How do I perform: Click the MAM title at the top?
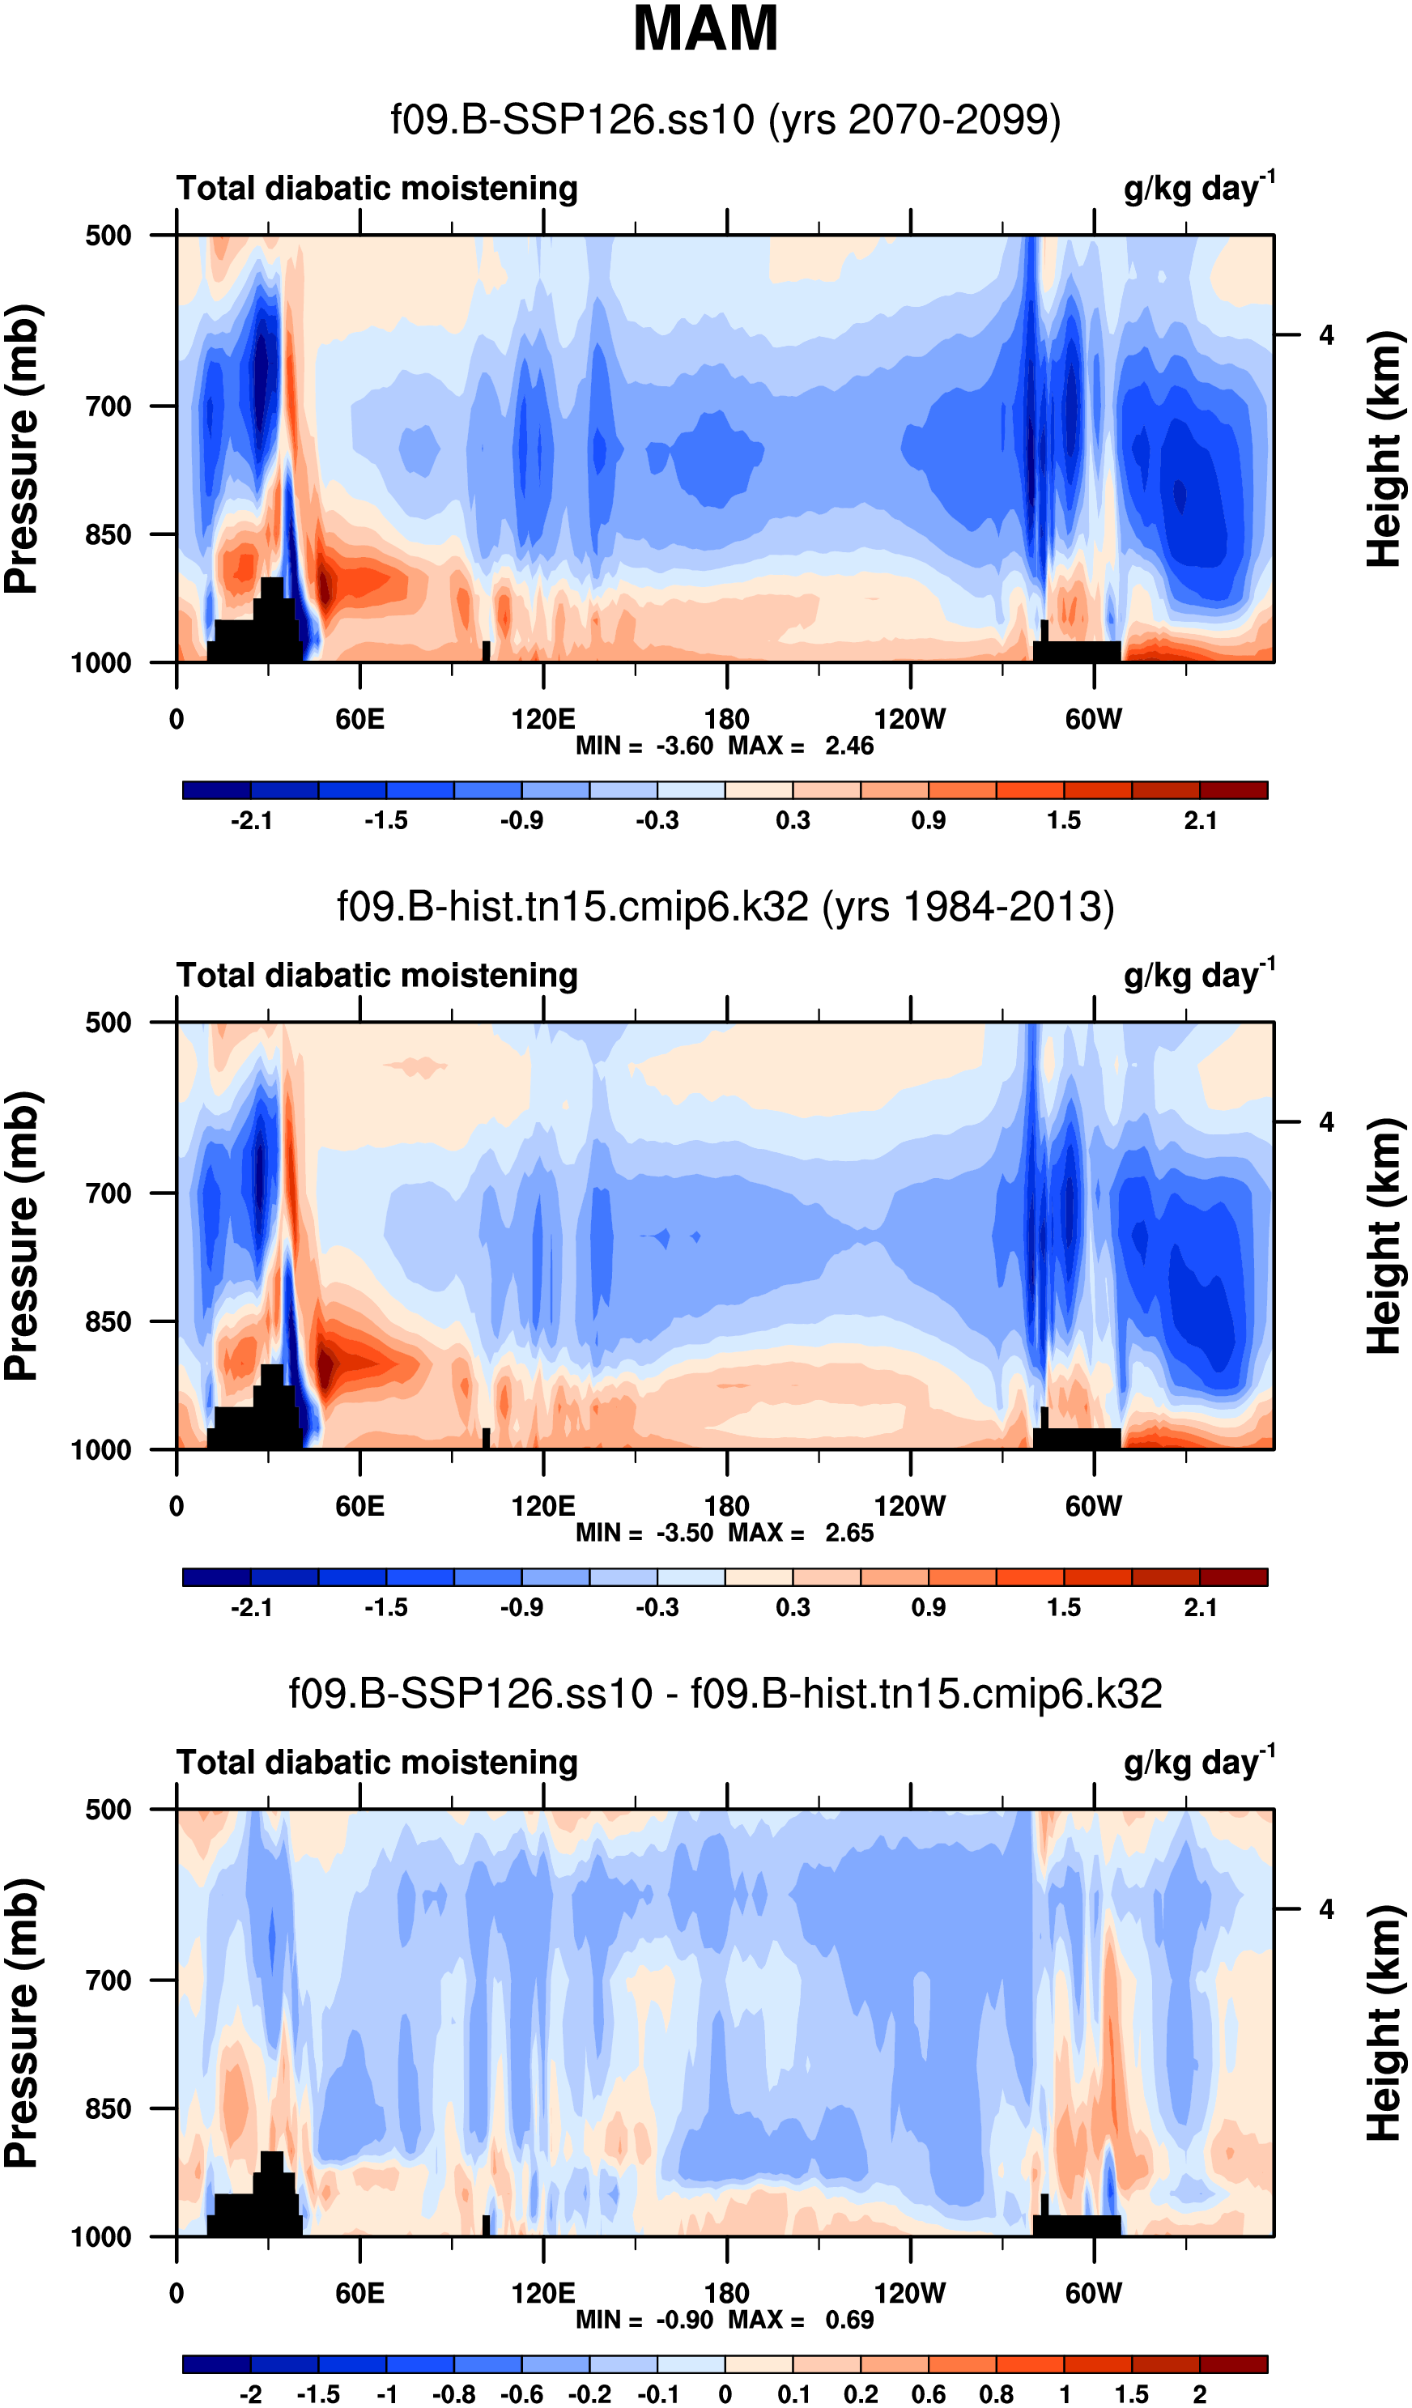click(x=705, y=28)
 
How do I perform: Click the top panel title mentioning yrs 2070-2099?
click(x=725, y=121)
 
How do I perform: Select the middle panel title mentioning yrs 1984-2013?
click(x=725, y=907)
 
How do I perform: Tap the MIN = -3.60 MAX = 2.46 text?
click(x=724, y=747)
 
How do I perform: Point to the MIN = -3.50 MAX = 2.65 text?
click(x=724, y=1534)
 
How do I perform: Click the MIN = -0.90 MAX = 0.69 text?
click(x=724, y=2320)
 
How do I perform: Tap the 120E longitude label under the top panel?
click(x=542, y=720)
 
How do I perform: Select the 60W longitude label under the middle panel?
click(x=1093, y=1507)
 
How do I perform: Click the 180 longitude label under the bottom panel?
click(x=726, y=2293)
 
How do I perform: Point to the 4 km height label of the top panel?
click(x=1326, y=335)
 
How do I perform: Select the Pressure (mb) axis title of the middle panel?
click(x=21, y=1236)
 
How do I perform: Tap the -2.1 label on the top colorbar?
click(x=251, y=821)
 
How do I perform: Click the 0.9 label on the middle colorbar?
click(x=928, y=1607)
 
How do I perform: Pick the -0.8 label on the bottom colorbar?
click(x=453, y=2394)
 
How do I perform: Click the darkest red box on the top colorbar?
click(x=1232, y=790)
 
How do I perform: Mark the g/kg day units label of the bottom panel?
click(x=1198, y=1763)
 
